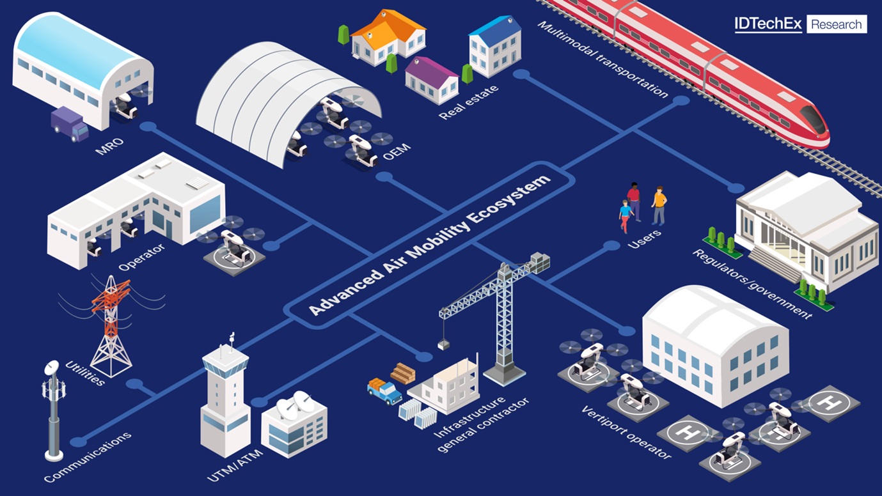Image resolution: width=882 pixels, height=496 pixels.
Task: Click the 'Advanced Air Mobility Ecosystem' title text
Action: coord(429,245)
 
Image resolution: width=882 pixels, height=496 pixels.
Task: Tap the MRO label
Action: coord(109,146)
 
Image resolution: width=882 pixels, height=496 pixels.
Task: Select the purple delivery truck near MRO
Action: coord(70,124)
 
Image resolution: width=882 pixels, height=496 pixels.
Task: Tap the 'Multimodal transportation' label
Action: coord(602,59)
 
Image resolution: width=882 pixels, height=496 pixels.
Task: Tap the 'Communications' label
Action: coord(88,457)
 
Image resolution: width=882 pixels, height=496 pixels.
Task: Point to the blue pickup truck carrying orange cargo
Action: coord(384,391)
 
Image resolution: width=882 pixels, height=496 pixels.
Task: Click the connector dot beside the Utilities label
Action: coord(134,384)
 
